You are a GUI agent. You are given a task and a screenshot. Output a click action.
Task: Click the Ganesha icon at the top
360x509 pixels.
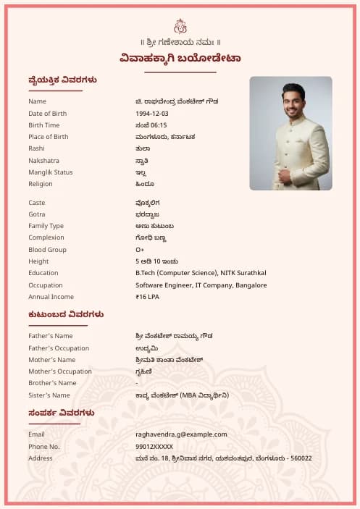(x=180, y=26)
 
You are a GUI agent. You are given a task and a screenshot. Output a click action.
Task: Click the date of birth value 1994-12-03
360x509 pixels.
(x=151, y=114)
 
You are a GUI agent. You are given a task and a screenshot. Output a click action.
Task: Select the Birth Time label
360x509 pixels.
(x=44, y=125)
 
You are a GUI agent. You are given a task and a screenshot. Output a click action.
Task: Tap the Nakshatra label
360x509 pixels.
(x=43, y=161)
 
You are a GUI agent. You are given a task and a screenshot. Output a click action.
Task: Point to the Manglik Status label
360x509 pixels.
(x=51, y=172)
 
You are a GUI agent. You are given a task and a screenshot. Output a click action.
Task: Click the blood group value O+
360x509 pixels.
(x=140, y=250)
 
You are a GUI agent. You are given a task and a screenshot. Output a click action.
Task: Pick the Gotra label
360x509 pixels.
(x=37, y=214)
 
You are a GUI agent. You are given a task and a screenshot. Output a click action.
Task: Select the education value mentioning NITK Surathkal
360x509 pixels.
(x=201, y=273)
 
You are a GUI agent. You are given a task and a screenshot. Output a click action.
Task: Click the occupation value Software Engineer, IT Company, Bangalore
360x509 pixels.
(x=201, y=285)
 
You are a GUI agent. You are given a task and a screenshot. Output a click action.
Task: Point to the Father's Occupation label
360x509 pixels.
(x=59, y=348)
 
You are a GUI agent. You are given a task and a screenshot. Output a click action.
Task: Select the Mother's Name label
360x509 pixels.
(x=51, y=360)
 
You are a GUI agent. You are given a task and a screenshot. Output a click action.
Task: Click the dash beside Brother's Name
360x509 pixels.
(x=137, y=383)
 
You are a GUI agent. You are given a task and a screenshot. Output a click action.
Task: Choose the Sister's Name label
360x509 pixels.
(x=49, y=395)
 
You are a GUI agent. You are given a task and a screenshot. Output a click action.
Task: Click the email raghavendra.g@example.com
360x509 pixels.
(x=181, y=434)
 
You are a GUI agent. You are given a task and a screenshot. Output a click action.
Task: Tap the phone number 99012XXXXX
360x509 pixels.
(x=154, y=447)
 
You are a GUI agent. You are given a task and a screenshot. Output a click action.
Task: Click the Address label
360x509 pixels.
(x=41, y=458)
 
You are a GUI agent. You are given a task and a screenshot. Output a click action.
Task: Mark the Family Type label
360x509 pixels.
(x=46, y=226)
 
